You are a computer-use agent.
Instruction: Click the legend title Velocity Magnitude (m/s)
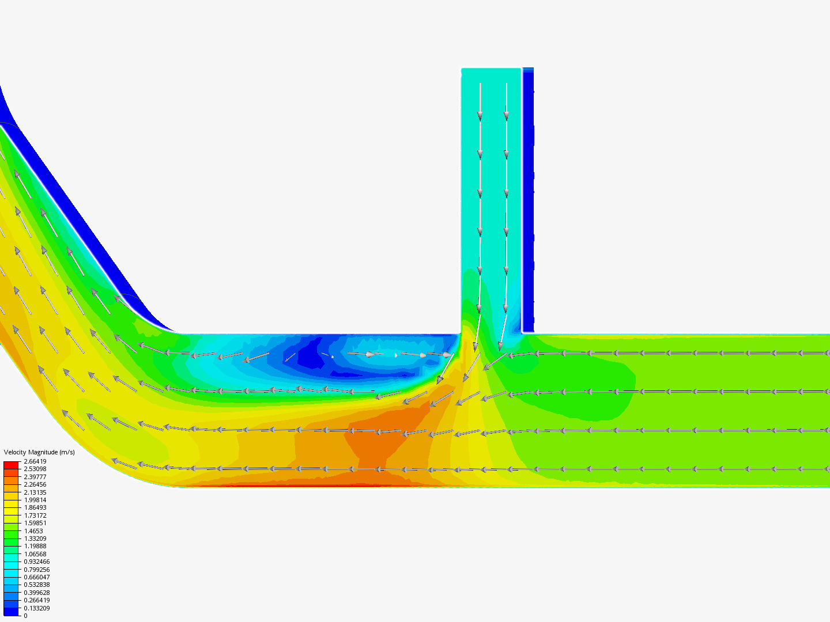click(x=39, y=452)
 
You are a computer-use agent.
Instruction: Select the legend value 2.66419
click(x=35, y=461)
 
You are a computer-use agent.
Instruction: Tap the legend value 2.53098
click(x=35, y=469)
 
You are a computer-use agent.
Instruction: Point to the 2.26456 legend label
click(x=35, y=484)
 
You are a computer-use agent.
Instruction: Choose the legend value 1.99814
click(x=35, y=500)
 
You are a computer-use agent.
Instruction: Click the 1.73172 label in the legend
click(x=35, y=515)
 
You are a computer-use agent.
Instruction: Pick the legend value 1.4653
click(x=33, y=531)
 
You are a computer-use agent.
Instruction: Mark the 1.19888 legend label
click(x=35, y=546)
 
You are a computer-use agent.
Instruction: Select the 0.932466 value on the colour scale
click(x=37, y=562)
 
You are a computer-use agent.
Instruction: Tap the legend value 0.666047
click(x=37, y=577)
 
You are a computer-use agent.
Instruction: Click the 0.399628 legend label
click(x=37, y=593)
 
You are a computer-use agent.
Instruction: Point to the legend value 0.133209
click(x=37, y=608)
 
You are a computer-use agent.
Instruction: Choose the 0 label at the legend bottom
click(x=25, y=616)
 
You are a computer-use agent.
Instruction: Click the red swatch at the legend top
click(x=11, y=465)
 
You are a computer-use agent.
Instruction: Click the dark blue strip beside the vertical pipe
click(x=528, y=202)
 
